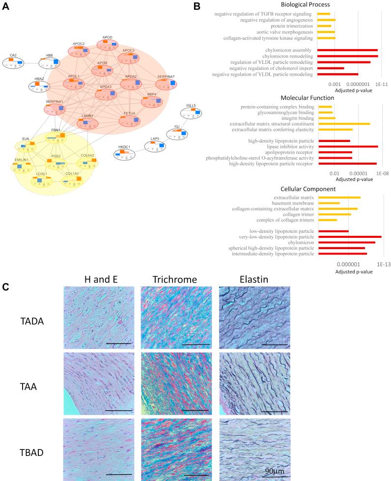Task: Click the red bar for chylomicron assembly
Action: tap(347, 50)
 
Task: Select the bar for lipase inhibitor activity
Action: tap(348, 146)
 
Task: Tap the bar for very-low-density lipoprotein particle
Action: tap(350, 237)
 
